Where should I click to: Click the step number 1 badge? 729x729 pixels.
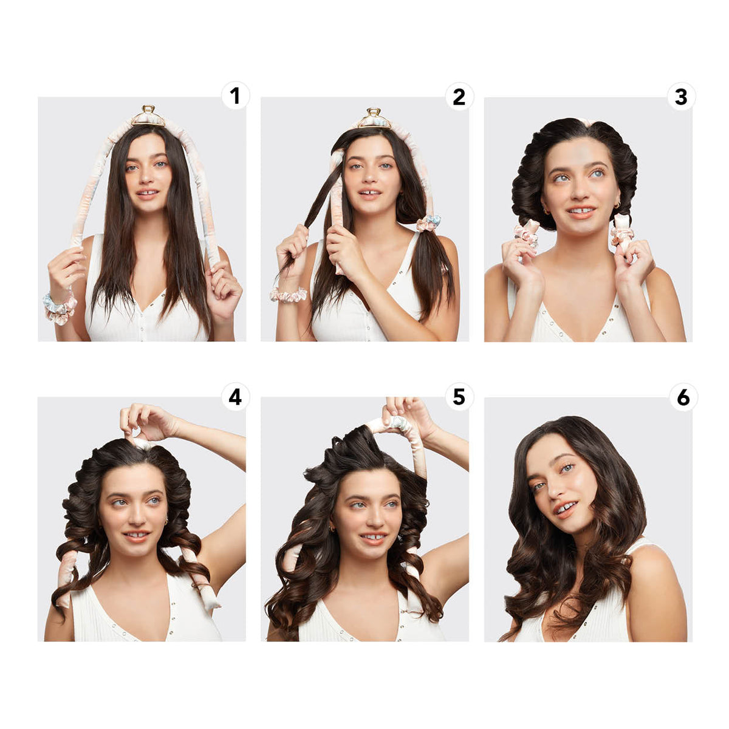(235, 96)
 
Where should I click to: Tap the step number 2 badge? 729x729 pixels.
(459, 96)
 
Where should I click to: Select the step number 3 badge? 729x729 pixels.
(681, 96)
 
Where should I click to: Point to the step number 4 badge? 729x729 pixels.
(235, 397)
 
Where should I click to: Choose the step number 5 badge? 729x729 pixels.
(459, 397)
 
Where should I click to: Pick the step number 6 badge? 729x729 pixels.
(683, 397)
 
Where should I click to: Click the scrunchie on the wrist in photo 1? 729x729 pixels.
(60, 307)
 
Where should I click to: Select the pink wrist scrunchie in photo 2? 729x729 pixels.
(289, 295)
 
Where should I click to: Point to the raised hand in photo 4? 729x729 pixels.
(145, 420)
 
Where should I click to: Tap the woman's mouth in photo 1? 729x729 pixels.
(148, 194)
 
